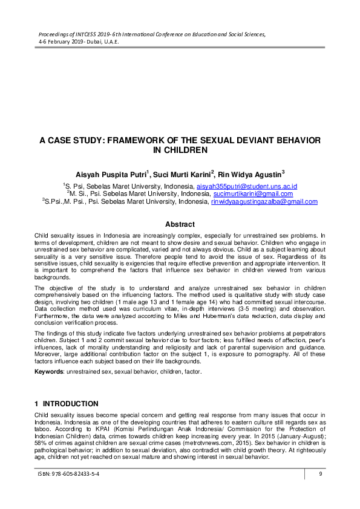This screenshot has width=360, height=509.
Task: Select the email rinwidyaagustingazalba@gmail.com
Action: [264, 202]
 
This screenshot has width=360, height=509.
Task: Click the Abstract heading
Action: [180, 224]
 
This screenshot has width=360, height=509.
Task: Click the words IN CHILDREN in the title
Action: [180, 149]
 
